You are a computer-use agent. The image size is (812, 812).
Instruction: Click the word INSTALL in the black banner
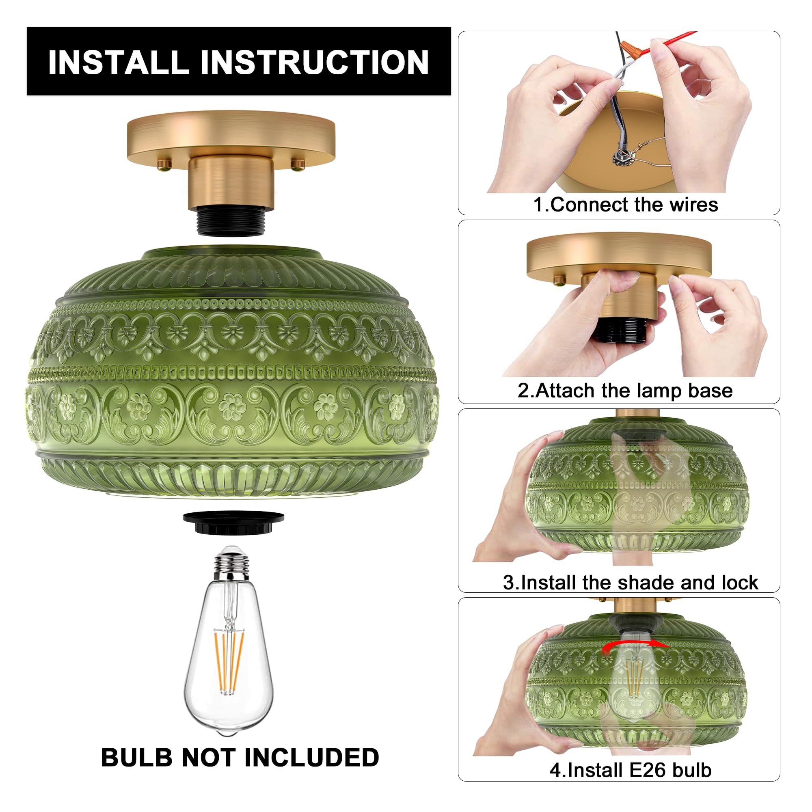click(x=118, y=63)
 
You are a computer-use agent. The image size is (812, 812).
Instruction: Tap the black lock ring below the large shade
click(x=234, y=523)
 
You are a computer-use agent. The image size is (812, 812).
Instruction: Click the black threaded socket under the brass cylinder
click(x=231, y=223)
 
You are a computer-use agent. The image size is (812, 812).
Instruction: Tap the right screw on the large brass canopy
click(x=298, y=164)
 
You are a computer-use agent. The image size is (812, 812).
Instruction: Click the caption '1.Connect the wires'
click(x=625, y=205)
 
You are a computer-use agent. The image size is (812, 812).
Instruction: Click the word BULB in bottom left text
click(x=138, y=757)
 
